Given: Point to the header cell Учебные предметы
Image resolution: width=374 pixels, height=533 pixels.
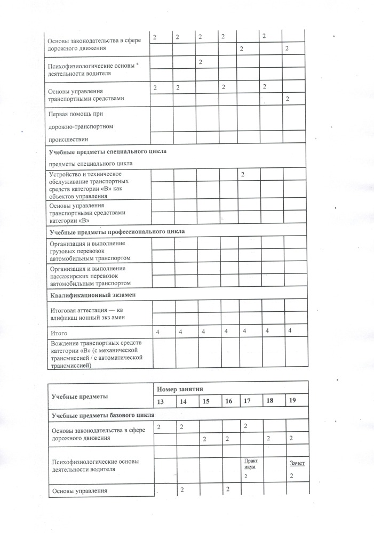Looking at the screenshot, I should pyautogui.click(x=79, y=396).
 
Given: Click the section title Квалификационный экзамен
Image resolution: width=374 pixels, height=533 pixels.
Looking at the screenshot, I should pyautogui.click(x=93, y=294).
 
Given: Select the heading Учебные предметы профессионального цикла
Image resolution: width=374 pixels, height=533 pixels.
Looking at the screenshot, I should pyautogui.click(x=117, y=232).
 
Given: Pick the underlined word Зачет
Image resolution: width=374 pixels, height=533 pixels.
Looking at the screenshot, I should pyautogui.click(x=297, y=463).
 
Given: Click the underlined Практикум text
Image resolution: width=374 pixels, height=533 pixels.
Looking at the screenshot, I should pyautogui.click(x=250, y=463).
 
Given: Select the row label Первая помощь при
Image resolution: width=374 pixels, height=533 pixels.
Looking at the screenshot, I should pyautogui.click(x=76, y=114).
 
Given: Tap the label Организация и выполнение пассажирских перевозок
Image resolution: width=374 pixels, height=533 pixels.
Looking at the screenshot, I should pyautogui.click(x=90, y=276).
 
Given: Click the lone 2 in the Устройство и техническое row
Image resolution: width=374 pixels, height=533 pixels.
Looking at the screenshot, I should pyautogui.click(x=242, y=174).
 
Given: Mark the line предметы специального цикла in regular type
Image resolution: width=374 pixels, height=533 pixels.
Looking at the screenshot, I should pyautogui.click(x=91, y=163).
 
